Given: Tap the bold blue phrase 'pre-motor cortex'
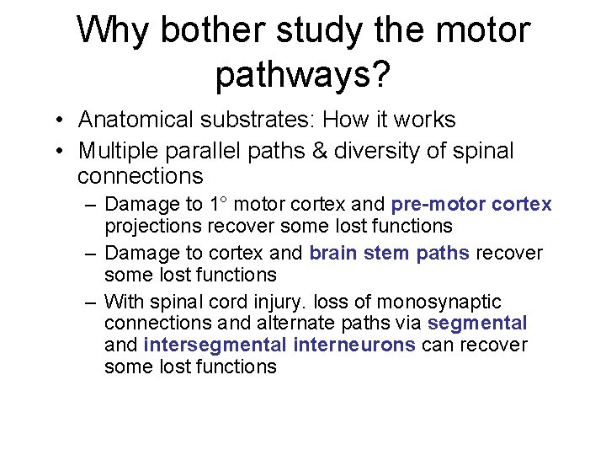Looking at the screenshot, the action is click(x=471, y=204).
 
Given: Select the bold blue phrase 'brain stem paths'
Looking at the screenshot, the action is click(x=389, y=253).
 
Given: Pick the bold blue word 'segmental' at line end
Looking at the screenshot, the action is click(x=477, y=323).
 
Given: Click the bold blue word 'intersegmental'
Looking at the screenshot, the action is click(x=216, y=345).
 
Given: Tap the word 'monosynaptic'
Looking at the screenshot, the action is click(x=439, y=302).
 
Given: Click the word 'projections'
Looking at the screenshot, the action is click(x=151, y=226).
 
